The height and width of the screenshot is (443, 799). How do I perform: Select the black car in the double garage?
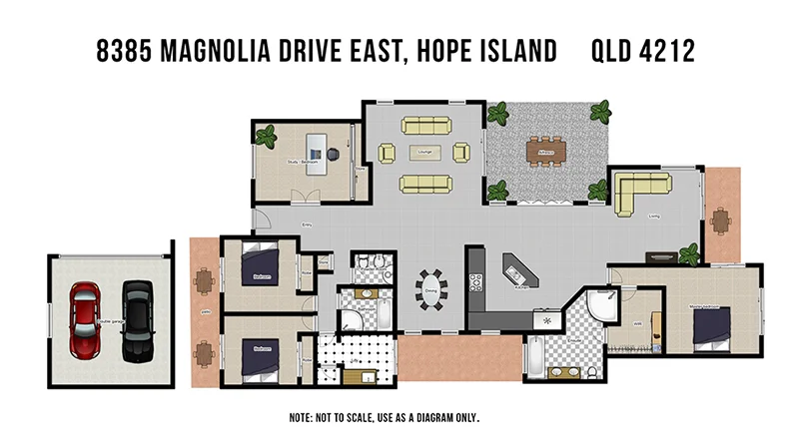137,320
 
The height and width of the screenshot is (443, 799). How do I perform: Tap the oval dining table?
431,290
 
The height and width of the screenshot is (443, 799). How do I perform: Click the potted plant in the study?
267,135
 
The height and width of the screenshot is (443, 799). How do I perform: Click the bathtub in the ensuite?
534,357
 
